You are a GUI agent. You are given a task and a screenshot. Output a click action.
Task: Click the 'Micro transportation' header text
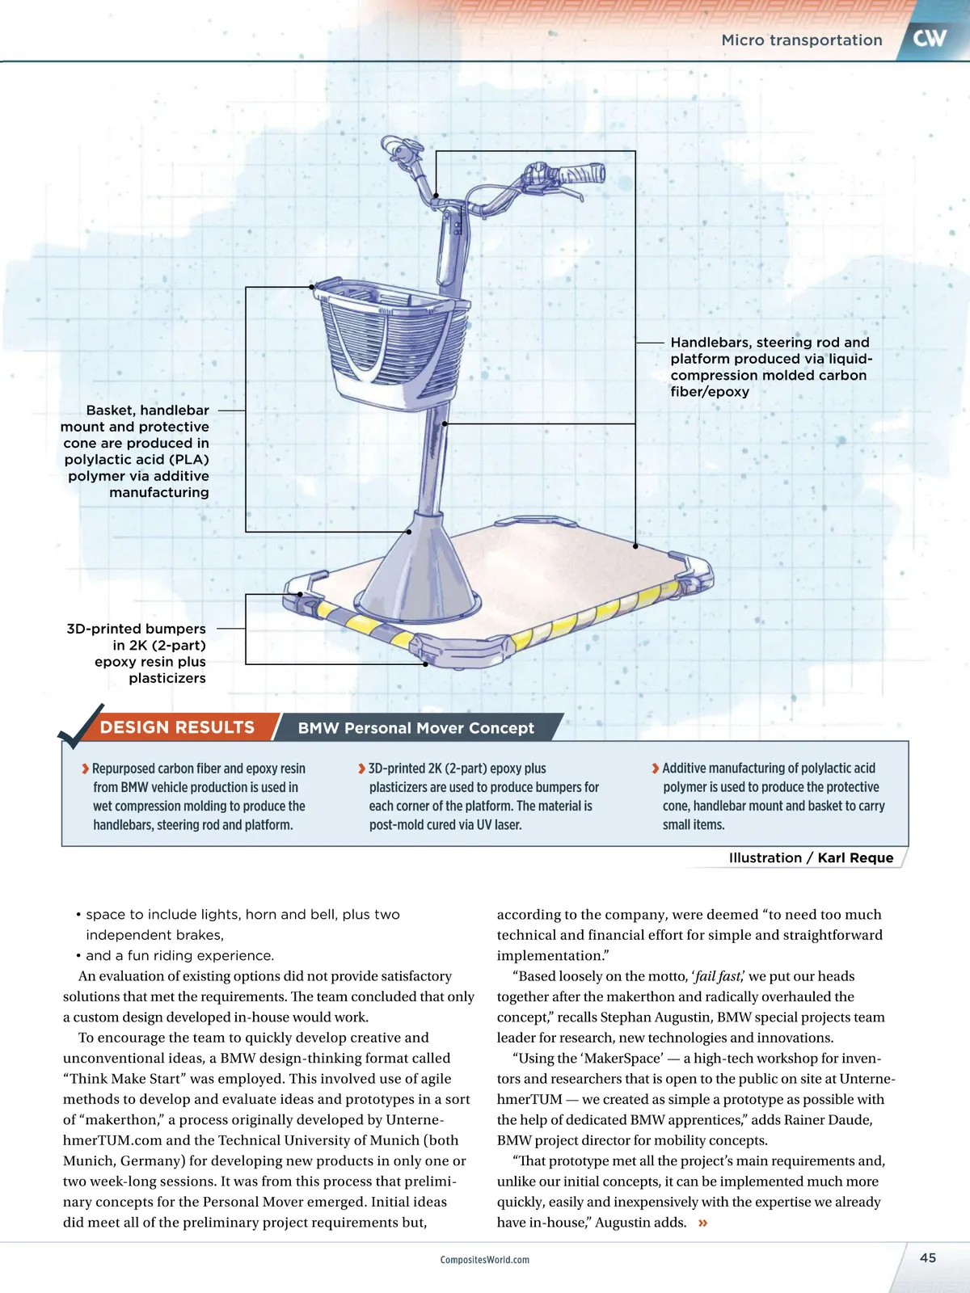(801, 40)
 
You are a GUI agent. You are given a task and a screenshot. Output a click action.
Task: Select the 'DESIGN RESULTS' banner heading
(177, 727)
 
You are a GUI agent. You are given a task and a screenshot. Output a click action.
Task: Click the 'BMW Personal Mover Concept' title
(415, 728)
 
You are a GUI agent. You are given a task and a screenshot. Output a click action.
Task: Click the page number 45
(928, 1257)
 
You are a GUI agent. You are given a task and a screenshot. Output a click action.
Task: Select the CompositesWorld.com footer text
(485, 1260)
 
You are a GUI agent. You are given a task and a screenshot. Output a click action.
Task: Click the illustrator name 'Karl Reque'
(855, 858)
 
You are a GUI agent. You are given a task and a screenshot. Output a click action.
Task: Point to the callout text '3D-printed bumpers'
(136, 629)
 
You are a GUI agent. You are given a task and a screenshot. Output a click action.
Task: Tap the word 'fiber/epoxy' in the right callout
(710, 392)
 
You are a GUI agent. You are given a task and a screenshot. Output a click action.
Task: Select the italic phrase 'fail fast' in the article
(717, 976)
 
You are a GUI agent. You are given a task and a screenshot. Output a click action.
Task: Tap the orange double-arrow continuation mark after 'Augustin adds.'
(702, 1223)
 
